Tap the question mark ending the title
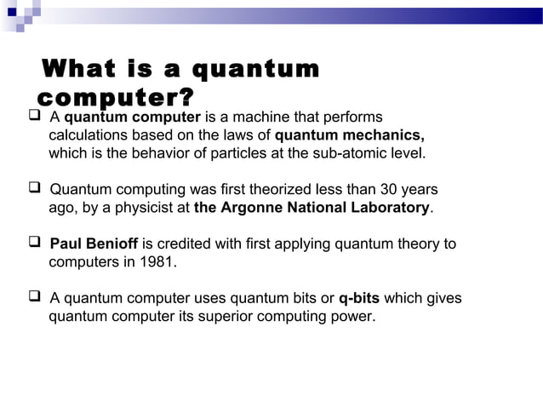tap(185, 96)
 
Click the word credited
tap(176, 245)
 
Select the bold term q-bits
tap(358, 299)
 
